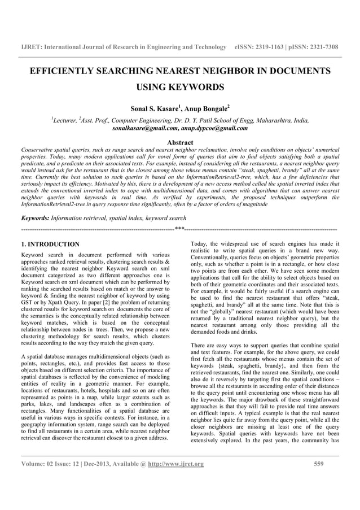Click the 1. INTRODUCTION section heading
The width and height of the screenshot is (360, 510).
50,245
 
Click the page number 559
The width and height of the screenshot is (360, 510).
319,465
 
